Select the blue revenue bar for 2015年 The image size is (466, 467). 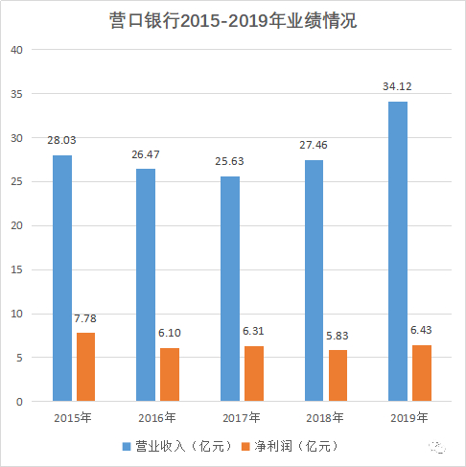pyautogui.click(x=62, y=278)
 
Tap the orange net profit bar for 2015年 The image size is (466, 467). pyautogui.click(x=85, y=366)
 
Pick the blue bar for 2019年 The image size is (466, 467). pyautogui.click(x=397, y=251)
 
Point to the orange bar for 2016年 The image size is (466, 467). pyautogui.click(x=170, y=374)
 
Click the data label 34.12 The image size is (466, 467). pyautogui.click(x=398, y=87)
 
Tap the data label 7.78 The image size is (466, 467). pyautogui.click(x=86, y=318)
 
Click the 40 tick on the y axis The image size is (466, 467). pyautogui.click(x=16, y=49)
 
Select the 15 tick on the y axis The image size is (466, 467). pyautogui.click(x=16, y=269)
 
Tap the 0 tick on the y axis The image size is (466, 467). pyautogui.click(x=19, y=402)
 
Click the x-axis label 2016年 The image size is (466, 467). pyautogui.click(x=157, y=417)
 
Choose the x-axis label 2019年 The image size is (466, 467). pyautogui.click(x=408, y=417)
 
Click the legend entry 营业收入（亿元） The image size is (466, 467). pyautogui.click(x=177, y=446)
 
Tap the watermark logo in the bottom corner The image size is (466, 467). pyautogui.click(x=435, y=446)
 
